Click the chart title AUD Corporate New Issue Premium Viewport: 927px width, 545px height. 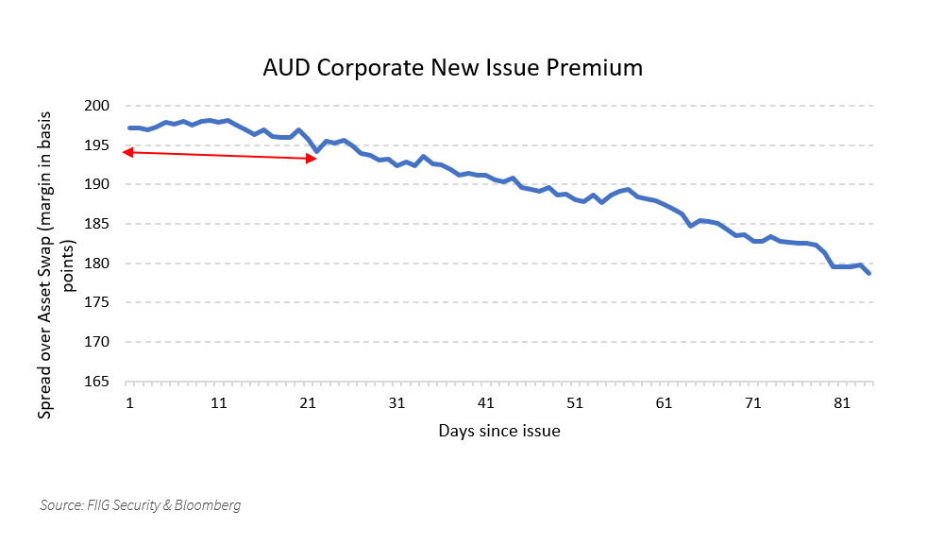click(x=452, y=68)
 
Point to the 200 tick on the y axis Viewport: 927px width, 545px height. click(x=97, y=106)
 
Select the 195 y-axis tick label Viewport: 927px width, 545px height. click(x=97, y=145)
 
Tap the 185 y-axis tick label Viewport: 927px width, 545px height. click(x=97, y=224)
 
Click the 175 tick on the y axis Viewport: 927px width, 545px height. click(x=97, y=303)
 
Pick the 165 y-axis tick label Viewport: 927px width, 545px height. click(x=97, y=382)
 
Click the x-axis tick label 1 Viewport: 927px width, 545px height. click(x=129, y=403)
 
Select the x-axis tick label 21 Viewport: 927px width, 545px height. click(x=307, y=403)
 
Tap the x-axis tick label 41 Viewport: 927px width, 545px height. click(x=485, y=403)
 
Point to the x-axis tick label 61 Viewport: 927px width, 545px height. click(x=664, y=403)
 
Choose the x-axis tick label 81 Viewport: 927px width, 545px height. click(x=841, y=403)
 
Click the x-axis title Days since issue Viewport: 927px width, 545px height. click(x=499, y=431)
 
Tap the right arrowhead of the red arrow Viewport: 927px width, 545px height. click(x=314, y=159)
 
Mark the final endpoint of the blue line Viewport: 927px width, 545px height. click(x=868, y=274)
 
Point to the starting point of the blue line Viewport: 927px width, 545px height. click(x=129, y=128)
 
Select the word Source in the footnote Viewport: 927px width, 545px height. click(x=60, y=505)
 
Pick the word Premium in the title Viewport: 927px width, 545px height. click(x=593, y=68)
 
